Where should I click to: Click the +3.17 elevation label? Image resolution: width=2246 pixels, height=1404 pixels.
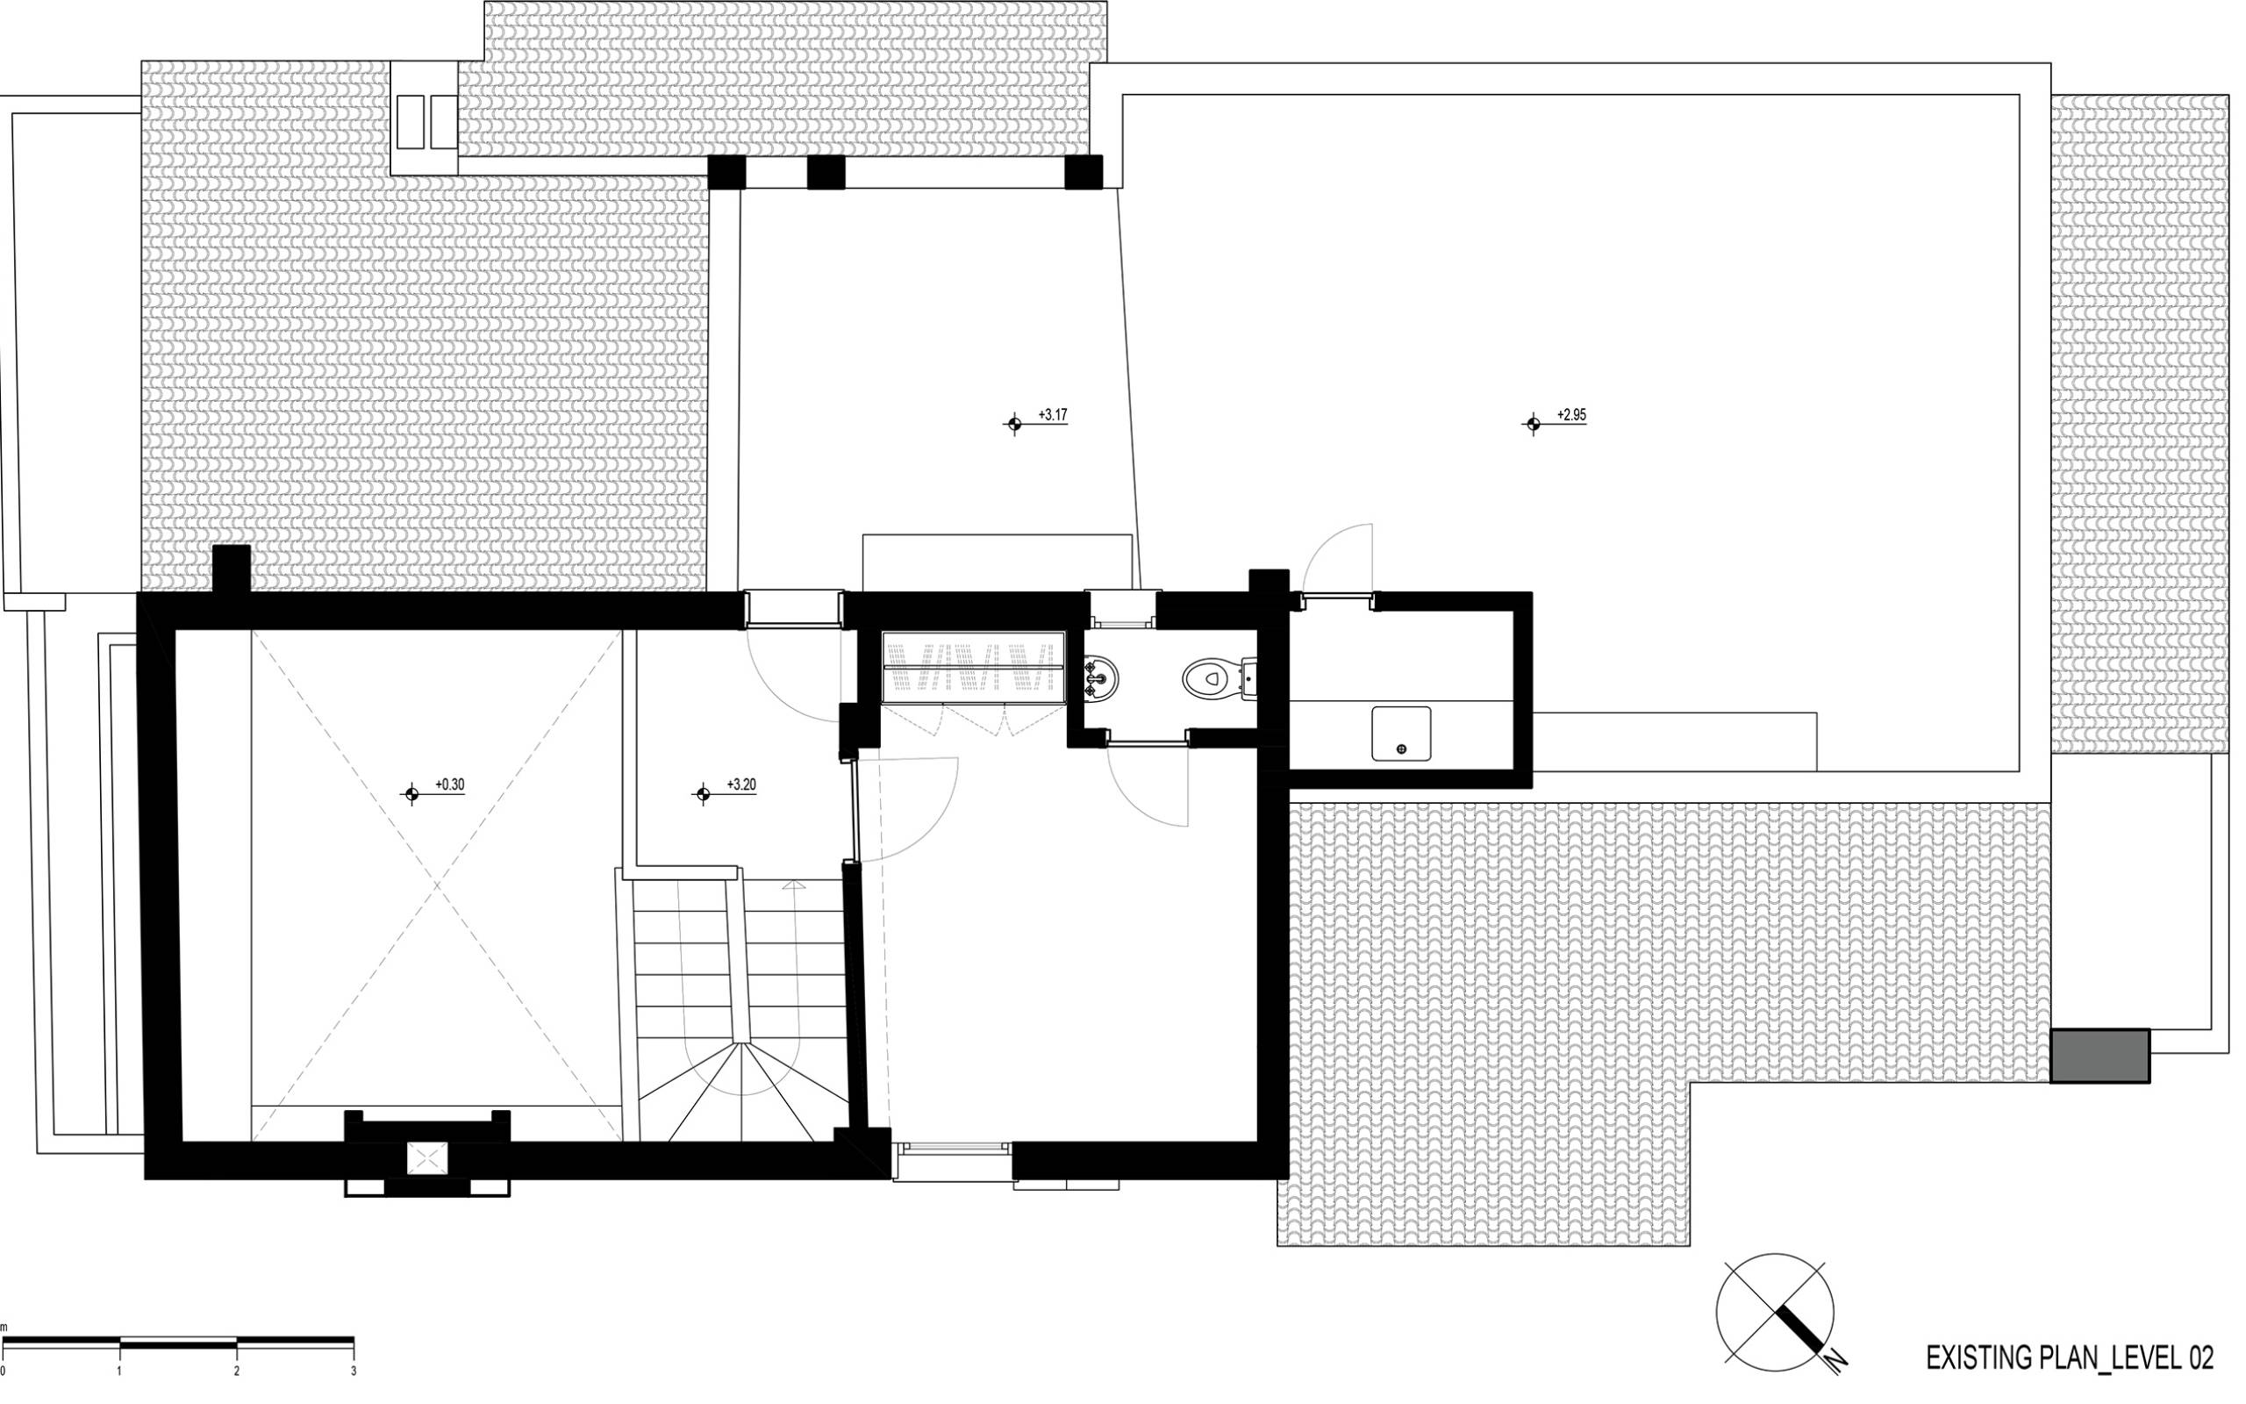1053,415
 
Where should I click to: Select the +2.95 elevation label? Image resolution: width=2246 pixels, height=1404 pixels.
1571,415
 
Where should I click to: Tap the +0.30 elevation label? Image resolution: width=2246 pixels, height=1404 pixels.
449,784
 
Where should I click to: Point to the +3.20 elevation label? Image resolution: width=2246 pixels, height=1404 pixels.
740,784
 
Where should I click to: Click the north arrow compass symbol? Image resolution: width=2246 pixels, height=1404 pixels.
1775,1312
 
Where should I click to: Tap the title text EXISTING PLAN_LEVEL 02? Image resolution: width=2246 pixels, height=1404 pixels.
2070,1357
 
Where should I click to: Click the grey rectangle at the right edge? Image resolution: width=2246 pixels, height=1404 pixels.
2099,1055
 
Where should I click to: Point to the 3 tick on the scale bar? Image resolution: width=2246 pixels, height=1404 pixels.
354,1345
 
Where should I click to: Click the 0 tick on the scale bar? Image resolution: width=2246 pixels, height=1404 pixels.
3,1345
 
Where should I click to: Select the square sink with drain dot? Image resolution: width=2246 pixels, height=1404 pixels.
1400,734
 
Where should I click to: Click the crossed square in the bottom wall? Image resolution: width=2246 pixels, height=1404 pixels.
427,1158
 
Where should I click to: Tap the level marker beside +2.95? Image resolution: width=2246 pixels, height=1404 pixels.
1533,425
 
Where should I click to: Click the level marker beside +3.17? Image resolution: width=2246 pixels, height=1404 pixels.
1013,425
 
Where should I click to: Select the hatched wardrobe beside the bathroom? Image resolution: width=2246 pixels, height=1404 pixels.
973,667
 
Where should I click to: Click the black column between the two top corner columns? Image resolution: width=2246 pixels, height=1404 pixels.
825,172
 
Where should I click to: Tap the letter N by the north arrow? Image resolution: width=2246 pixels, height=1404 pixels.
1835,1362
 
